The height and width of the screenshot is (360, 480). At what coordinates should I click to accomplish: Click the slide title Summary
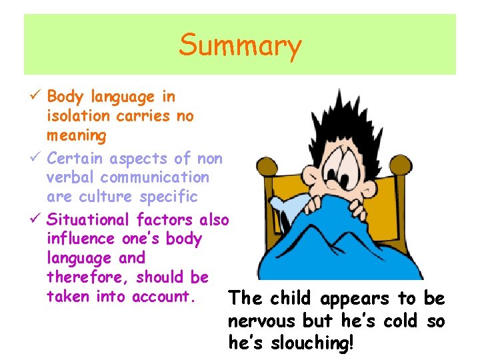pos(240,45)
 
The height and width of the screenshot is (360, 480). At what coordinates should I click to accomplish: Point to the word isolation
pos(78,116)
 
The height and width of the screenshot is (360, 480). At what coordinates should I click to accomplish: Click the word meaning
pos(77,136)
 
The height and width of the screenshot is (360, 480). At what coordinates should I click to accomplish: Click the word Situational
pos(90,219)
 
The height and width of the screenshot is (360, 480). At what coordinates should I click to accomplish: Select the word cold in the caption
pos(401,321)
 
